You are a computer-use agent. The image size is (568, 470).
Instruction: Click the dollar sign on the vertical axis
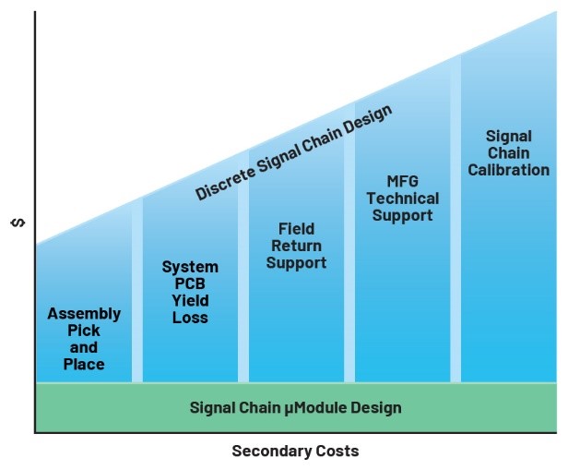[16, 223]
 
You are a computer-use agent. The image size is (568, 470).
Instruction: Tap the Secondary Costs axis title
[295, 452]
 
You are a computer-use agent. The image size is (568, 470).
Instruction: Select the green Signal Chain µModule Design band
[295, 407]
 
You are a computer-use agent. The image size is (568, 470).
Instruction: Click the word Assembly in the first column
[84, 314]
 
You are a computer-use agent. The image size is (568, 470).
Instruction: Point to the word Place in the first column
[84, 364]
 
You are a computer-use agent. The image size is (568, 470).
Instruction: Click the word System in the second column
[190, 268]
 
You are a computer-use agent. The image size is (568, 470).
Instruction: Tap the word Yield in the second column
[190, 301]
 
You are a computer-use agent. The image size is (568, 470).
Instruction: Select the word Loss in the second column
[190, 318]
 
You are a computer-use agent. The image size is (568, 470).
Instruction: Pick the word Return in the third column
[296, 246]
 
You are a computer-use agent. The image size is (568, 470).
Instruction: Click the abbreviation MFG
[402, 182]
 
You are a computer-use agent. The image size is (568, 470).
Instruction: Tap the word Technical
[402, 199]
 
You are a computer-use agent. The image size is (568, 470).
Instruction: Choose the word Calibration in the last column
[508, 170]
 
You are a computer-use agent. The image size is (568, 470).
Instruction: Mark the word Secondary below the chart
[271, 452]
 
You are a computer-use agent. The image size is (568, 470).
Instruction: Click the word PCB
[190, 284]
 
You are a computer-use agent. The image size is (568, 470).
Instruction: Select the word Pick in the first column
[84, 331]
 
